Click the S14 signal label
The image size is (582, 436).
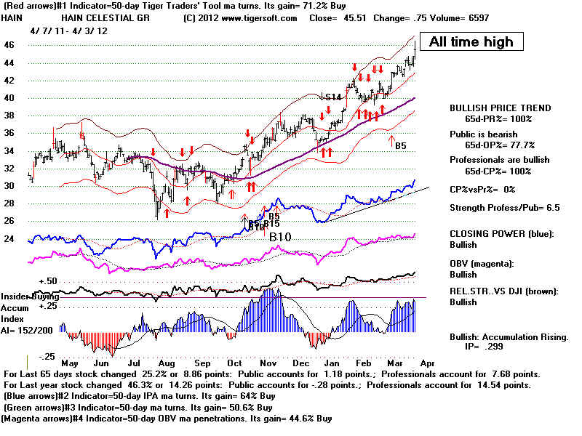point(333,97)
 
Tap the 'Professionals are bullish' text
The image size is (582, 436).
point(495,159)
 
